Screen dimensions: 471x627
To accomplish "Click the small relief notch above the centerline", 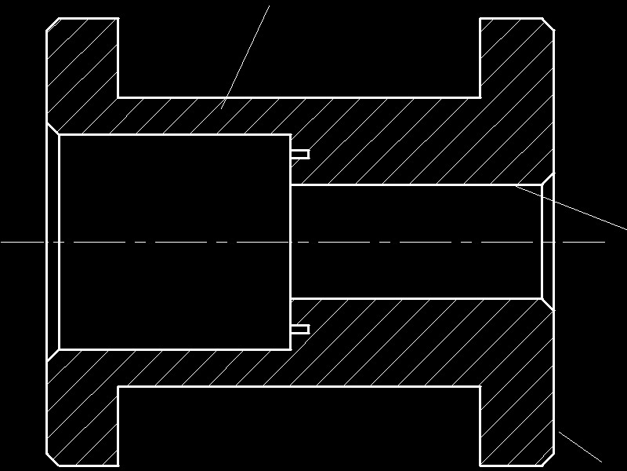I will coord(300,154).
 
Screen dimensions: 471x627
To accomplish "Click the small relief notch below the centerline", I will coord(300,328).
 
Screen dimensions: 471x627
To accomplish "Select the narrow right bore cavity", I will coord(415,242).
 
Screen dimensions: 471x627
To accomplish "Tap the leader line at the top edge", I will coord(246,55).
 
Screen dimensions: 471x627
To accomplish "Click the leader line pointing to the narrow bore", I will coord(572,207).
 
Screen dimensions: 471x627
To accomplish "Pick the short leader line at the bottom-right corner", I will coord(579,446).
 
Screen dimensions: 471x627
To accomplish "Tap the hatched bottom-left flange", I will coord(82,424).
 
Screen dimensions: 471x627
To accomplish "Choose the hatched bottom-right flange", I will coord(517,424).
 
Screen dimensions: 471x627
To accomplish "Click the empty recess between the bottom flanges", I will coord(298,428).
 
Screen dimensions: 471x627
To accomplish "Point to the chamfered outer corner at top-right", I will coord(549,24).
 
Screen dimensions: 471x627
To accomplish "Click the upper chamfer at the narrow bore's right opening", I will coord(548,180).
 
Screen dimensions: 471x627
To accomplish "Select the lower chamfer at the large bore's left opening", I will coord(53,354).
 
